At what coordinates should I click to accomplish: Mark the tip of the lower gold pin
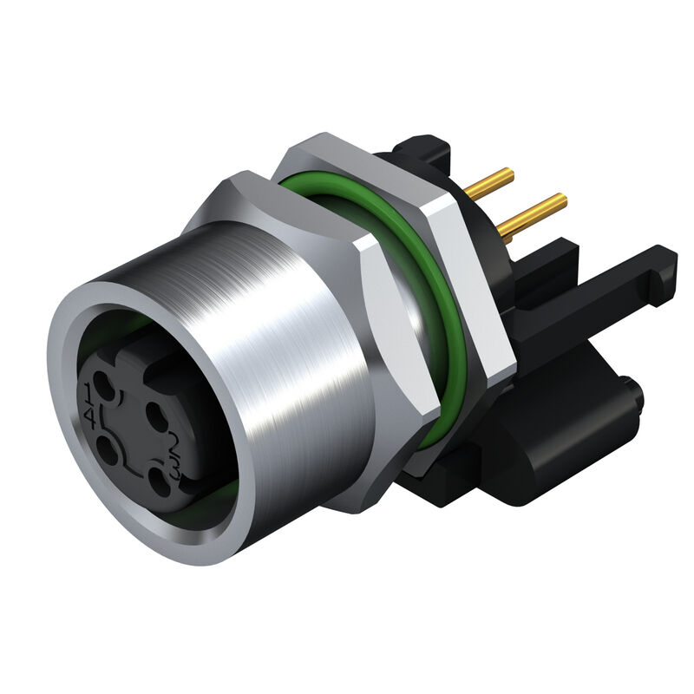point(561,200)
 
